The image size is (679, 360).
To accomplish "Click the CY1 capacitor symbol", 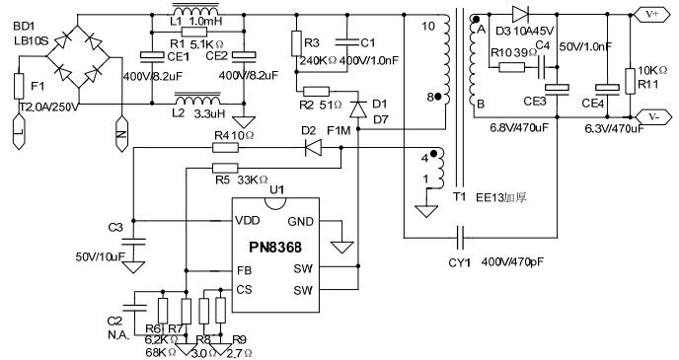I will pos(463,238).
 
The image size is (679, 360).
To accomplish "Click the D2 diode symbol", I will pos(314,148).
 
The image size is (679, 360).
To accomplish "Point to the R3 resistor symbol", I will pos(295,44).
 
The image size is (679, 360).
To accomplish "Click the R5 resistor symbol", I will pos(226,168).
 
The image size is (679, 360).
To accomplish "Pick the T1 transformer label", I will pos(458,196).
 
